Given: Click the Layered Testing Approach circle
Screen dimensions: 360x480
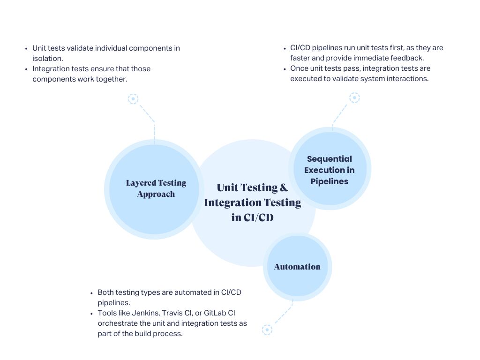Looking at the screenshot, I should click(x=154, y=189).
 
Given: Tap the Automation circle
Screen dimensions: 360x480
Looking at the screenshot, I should click(x=297, y=267).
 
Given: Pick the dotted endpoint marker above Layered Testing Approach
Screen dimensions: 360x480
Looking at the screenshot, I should click(x=133, y=99).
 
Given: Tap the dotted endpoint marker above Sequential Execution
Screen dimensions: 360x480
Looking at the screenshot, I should click(x=355, y=97).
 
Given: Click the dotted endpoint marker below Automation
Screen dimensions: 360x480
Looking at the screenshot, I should click(x=267, y=330).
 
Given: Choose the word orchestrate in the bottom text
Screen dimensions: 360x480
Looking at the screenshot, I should click(x=117, y=323).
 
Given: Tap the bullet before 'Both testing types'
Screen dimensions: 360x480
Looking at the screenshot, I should click(x=92, y=293).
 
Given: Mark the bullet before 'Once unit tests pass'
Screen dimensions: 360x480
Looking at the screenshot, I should click(x=285, y=69).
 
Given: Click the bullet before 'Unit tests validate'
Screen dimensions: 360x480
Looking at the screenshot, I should click(x=26, y=48).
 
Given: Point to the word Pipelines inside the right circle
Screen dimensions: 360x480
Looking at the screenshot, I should click(x=330, y=181).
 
